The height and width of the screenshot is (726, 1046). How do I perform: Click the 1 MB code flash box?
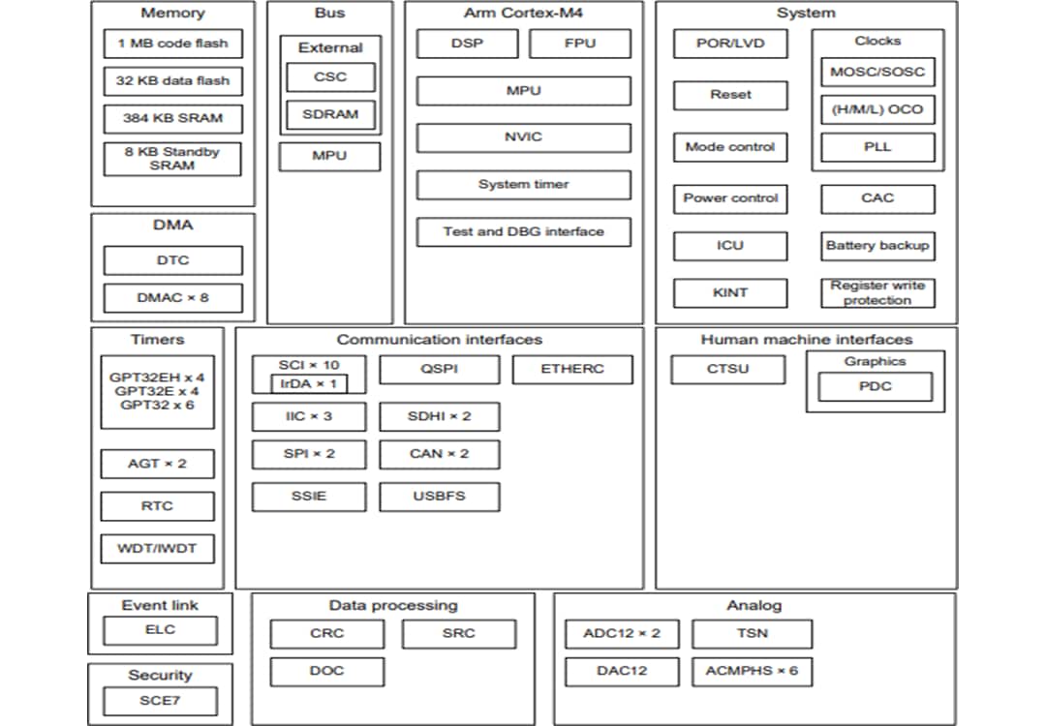[x=172, y=44]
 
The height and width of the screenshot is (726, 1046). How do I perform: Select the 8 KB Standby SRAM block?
[x=172, y=159]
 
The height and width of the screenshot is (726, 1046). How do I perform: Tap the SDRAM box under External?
[x=330, y=114]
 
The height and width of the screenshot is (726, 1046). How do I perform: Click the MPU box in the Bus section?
[x=329, y=156]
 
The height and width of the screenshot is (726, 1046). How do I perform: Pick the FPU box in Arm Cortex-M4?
[x=579, y=44]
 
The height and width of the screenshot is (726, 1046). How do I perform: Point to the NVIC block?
[x=523, y=137]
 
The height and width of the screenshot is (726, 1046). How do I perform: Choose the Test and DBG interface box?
[x=523, y=232]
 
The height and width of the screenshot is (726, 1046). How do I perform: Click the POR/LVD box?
[x=729, y=44]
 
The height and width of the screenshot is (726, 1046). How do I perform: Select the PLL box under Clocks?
[x=877, y=147]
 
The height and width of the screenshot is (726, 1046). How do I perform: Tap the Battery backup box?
[x=877, y=246]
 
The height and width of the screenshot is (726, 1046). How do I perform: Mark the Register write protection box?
[x=877, y=293]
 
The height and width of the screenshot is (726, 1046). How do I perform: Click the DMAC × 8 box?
[x=172, y=298]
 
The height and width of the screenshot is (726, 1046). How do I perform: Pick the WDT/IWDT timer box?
[x=157, y=549]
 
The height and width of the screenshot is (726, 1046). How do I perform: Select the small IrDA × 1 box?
[x=308, y=383]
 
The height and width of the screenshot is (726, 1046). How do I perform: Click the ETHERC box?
[x=572, y=369]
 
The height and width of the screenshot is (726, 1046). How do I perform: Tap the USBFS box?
[x=439, y=497]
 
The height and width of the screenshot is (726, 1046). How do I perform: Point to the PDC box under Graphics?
[x=875, y=387]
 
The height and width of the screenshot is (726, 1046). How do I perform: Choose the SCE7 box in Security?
[x=159, y=701]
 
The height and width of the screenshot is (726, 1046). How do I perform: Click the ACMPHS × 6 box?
[x=752, y=671]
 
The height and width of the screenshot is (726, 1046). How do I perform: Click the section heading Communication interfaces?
[x=439, y=340]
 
